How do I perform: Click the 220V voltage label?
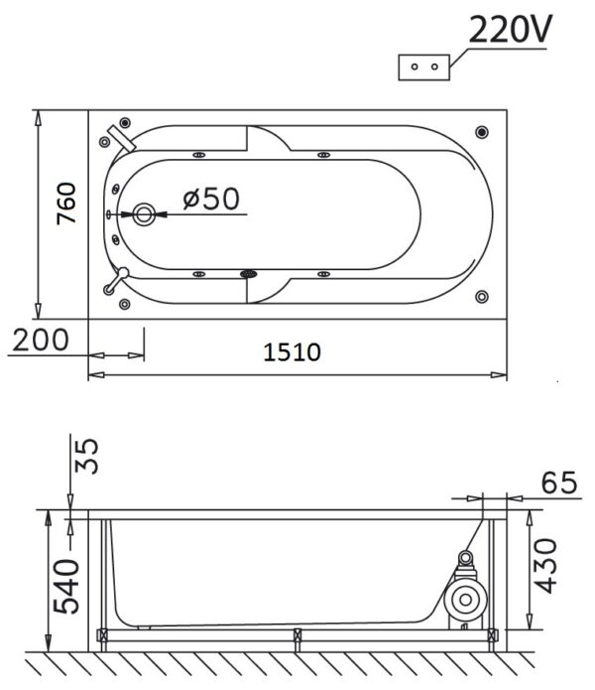pyautogui.click(x=510, y=29)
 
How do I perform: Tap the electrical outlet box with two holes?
pyautogui.click(x=424, y=68)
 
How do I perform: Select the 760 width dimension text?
pyautogui.click(x=66, y=204)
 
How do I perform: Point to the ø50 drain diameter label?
pyautogui.click(x=212, y=199)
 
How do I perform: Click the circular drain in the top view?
pyautogui.click(x=144, y=214)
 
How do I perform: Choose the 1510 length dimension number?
pyautogui.click(x=292, y=352)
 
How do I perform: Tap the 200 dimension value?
pyautogui.click(x=41, y=340)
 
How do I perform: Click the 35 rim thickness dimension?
pyautogui.click(x=86, y=456)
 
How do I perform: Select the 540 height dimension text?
pyautogui.click(x=66, y=586)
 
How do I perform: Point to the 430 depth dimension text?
pyautogui.click(x=545, y=566)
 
